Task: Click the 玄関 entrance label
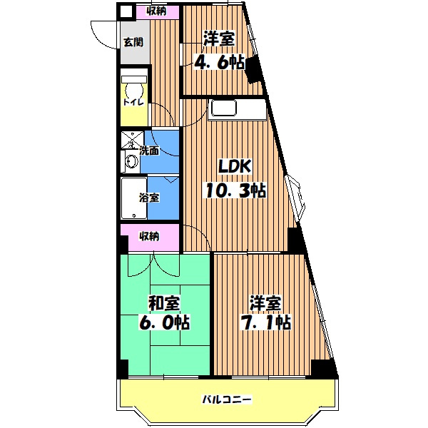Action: pos(133,42)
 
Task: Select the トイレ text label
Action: pos(133,103)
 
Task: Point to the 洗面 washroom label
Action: pos(149,151)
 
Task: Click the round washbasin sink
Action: pos(131,161)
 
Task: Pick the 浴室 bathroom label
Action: pos(149,198)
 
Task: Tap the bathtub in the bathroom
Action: pos(134,198)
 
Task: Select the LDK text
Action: pos(235,166)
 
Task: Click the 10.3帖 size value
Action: pos(235,190)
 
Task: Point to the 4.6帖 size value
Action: pos(219,63)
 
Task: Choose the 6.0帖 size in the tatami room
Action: pos(164,322)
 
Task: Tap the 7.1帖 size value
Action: pos(265,322)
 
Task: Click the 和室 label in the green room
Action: pos(164,303)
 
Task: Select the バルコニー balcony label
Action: pos(227,399)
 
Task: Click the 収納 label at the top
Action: pos(156,11)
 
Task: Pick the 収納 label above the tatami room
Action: pos(150,236)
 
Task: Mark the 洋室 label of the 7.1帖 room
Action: pos(265,303)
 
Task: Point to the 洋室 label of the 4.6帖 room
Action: pos(219,39)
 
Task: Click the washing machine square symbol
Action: pos(132,140)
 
